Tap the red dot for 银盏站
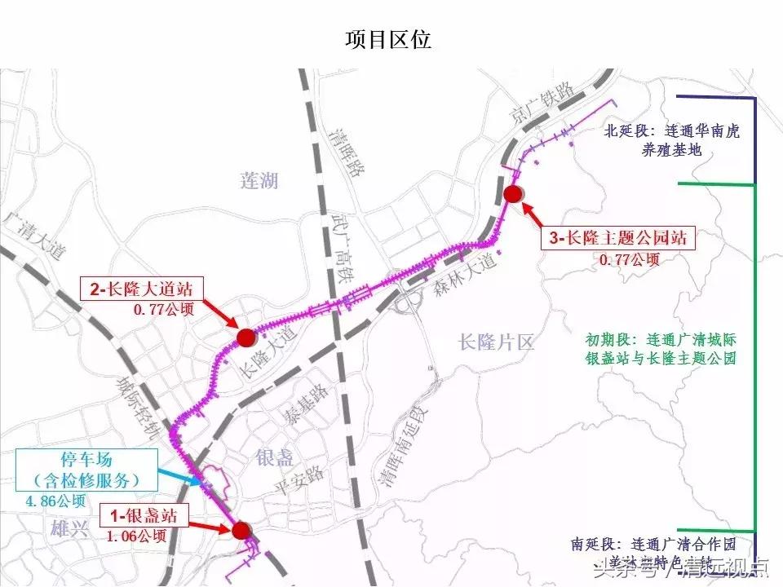(x=240, y=531)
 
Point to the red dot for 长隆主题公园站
(x=512, y=193)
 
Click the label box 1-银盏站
(x=144, y=515)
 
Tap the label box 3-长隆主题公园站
(x=617, y=239)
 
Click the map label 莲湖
(x=260, y=180)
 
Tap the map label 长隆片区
(x=496, y=342)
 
